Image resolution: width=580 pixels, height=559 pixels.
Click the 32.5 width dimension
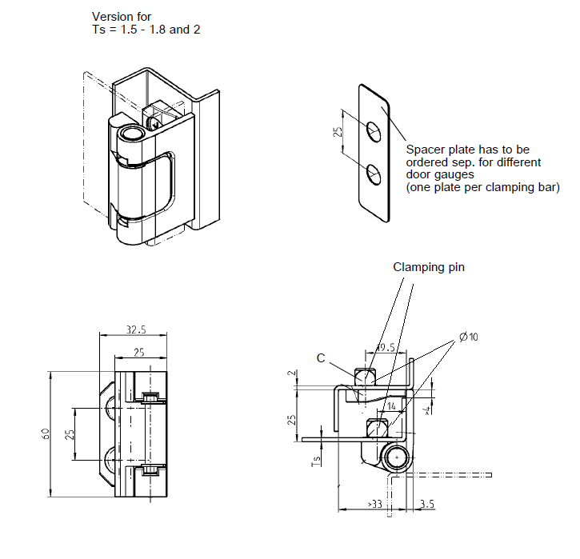pyautogui.click(x=134, y=329)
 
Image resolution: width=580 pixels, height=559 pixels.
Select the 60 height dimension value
pyautogui.click(x=46, y=434)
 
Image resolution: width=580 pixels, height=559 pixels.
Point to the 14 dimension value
pyautogui.click(x=392, y=406)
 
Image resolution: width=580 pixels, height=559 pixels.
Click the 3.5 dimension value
pyautogui.click(x=426, y=505)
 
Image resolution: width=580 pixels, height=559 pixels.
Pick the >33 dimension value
pyautogui.click(x=374, y=505)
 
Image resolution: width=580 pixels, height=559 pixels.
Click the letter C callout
pyautogui.click(x=321, y=358)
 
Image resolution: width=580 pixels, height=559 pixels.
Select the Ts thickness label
pyautogui.click(x=317, y=461)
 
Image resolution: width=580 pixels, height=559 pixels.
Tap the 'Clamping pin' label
pyautogui.click(x=428, y=268)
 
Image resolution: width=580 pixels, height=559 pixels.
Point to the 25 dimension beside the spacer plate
pyautogui.click(x=338, y=131)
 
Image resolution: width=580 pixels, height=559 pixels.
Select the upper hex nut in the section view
pyautogui.click(x=365, y=375)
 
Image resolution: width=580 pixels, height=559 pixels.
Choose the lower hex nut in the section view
pyautogui.click(x=375, y=429)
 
